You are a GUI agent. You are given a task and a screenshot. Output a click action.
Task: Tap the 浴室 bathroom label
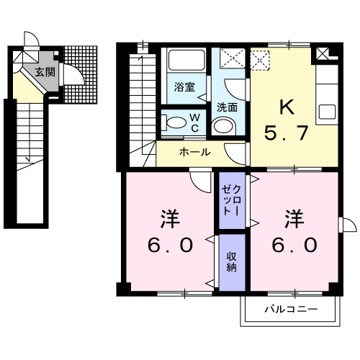(x=185, y=88)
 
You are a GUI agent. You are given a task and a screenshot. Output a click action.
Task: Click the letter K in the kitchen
(x=287, y=108)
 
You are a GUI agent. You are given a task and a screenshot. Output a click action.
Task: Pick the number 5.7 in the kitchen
(x=287, y=133)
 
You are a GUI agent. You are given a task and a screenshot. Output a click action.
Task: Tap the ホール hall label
(x=194, y=153)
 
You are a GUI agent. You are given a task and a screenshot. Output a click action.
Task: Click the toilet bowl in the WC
(x=172, y=123)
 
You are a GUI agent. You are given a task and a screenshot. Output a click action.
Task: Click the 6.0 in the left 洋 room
(x=171, y=246)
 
